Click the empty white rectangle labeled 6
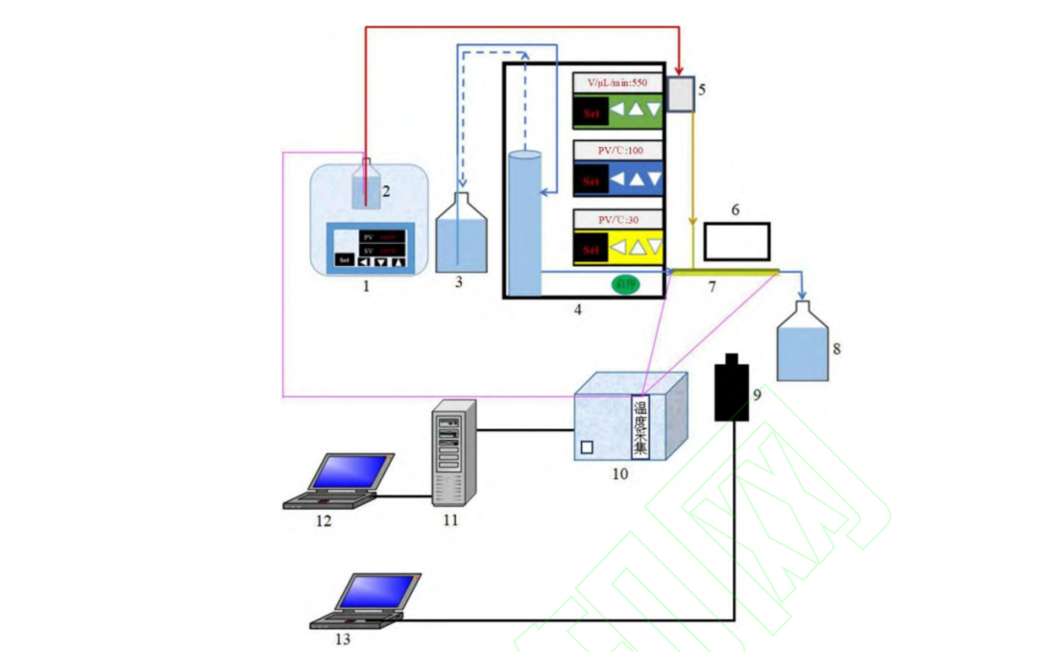pos(736,240)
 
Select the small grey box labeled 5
pos(680,95)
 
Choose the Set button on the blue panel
pos(591,180)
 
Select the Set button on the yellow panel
pos(591,250)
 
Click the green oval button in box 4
pos(625,283)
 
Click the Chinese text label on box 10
pos(640,426)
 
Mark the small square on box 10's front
pos(586,448)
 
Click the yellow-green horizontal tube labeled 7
pos(725,273)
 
